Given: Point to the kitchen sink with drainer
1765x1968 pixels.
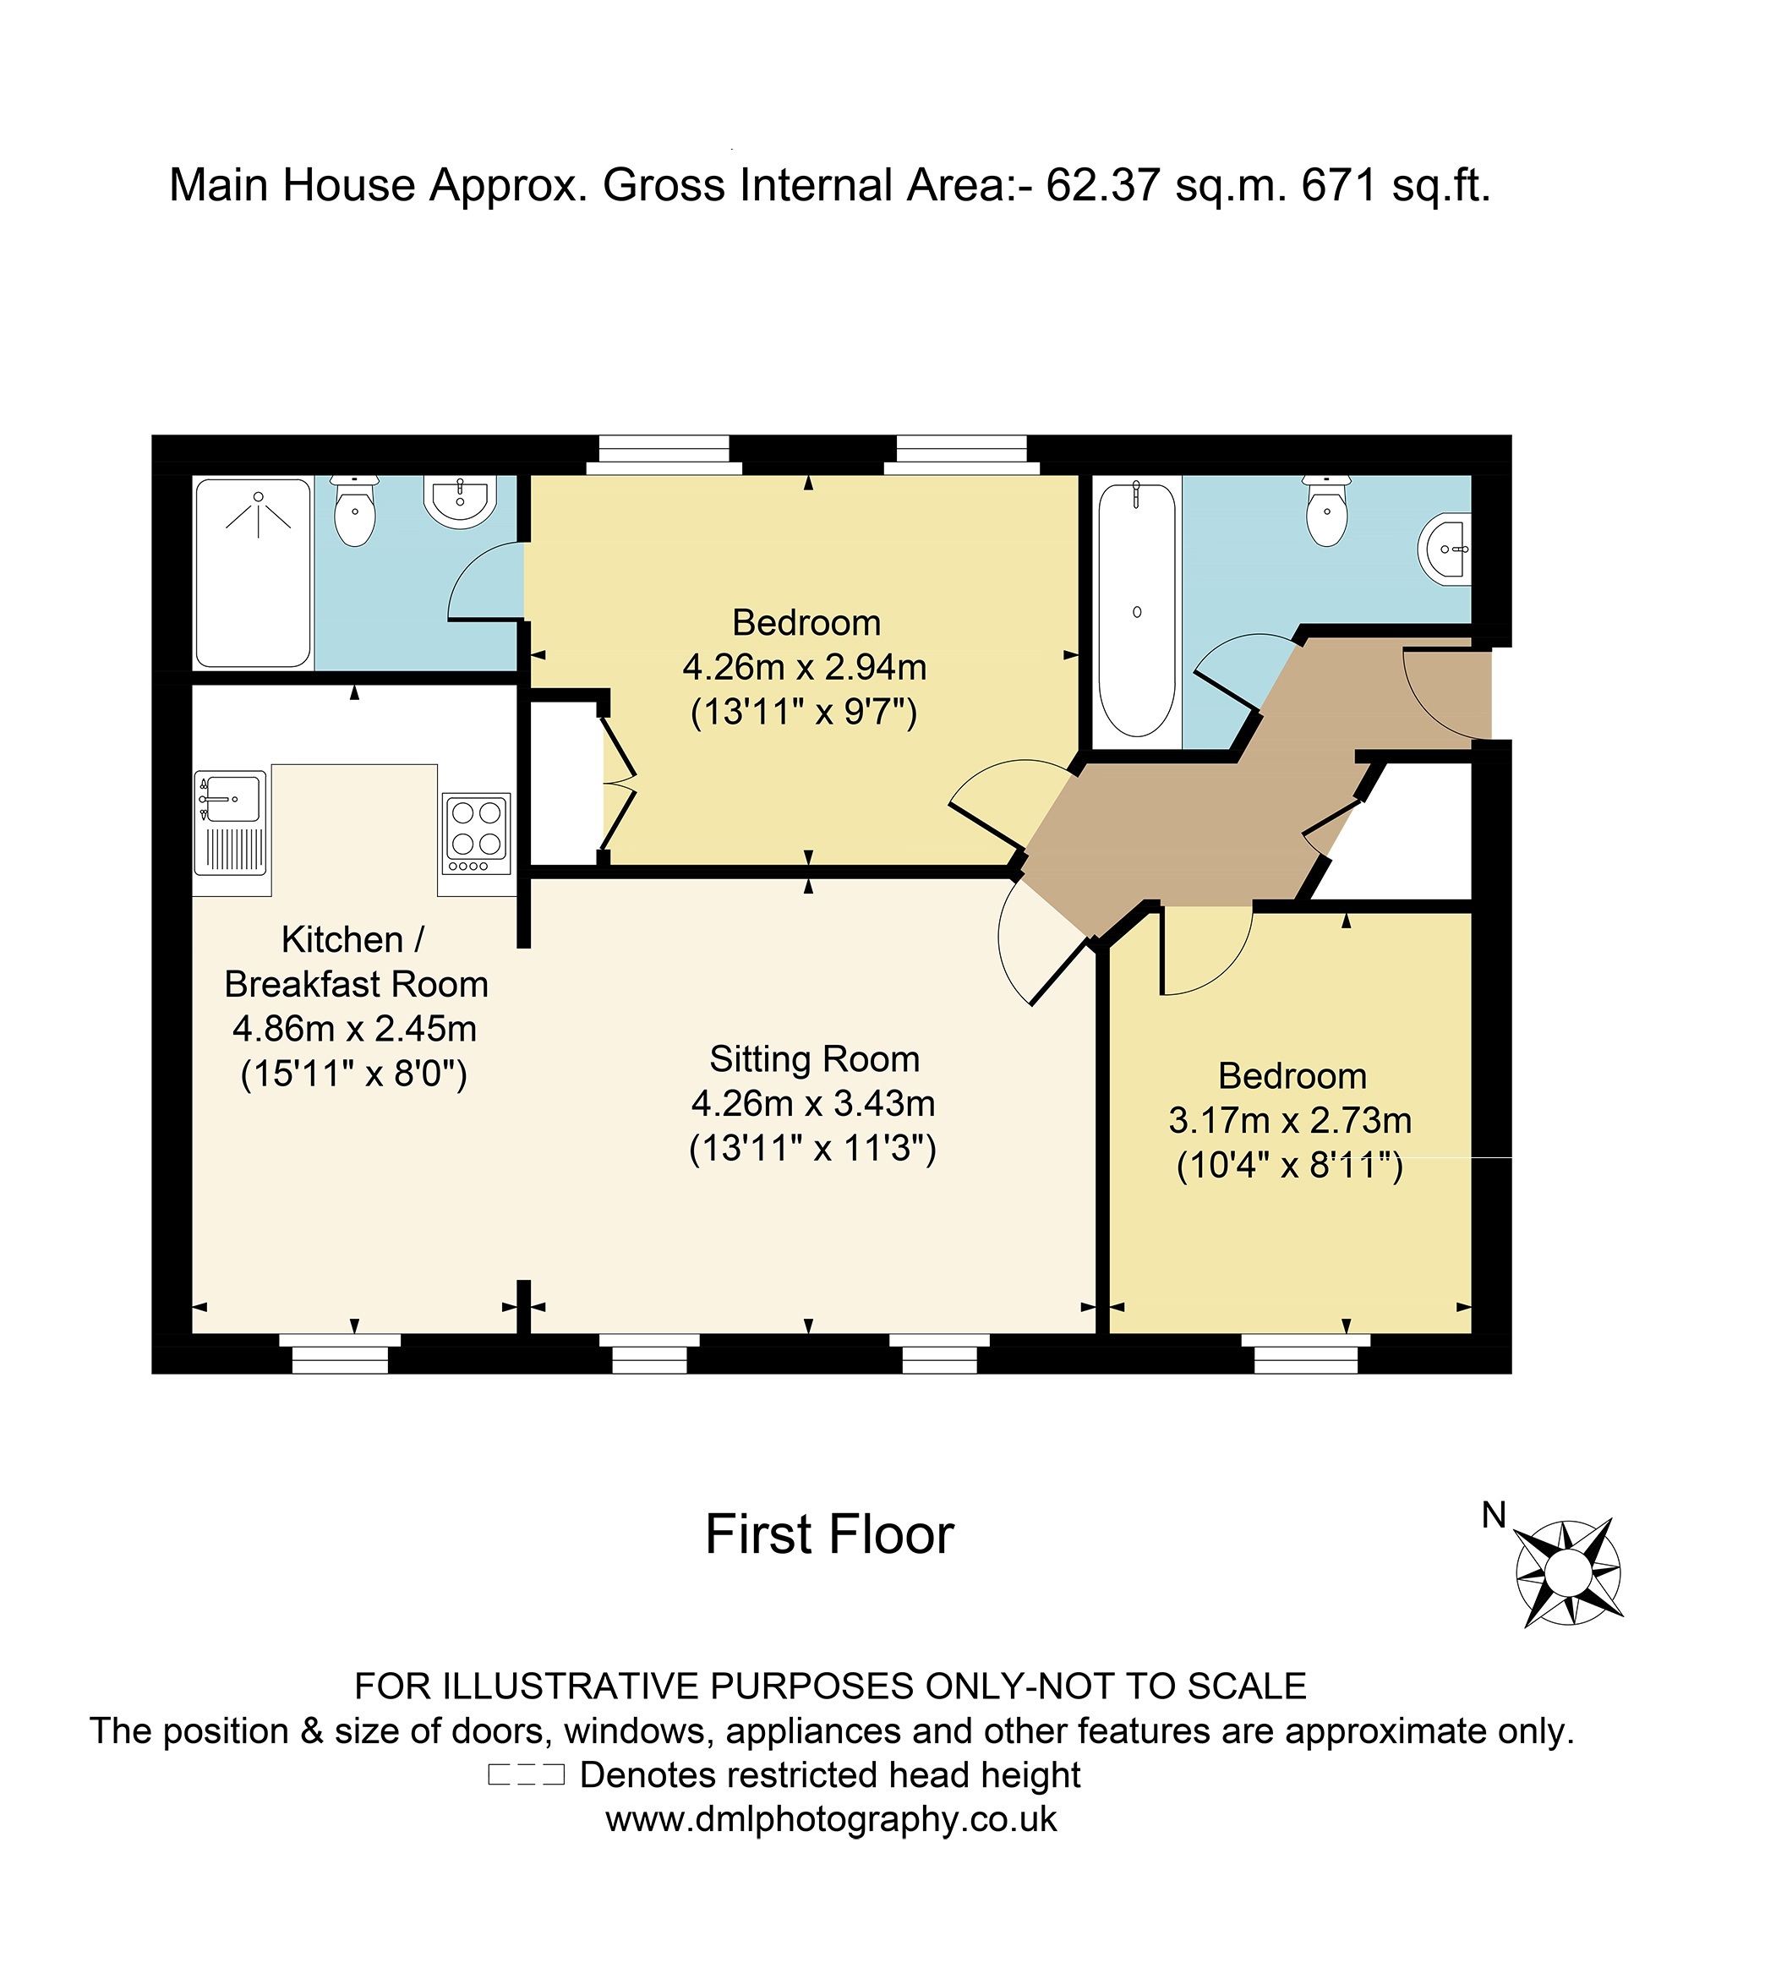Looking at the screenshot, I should coord(231,823).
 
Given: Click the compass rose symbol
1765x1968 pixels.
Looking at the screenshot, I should coord(1567,1572).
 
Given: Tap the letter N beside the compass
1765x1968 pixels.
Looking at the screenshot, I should coord(1494,1515).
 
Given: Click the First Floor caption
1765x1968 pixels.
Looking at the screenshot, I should coord(829,1534).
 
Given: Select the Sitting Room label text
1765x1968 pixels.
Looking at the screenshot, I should coord(815,1058).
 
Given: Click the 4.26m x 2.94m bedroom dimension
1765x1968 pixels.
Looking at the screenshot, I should coord(804,667).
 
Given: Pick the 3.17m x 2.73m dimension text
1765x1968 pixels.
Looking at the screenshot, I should coord(1290,1120).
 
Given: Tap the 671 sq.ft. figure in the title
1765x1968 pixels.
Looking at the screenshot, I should coord(1395,184).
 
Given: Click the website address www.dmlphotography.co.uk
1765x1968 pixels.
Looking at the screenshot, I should coord(831,1818).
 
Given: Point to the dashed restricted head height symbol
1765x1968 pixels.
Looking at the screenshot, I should coord(526,1775).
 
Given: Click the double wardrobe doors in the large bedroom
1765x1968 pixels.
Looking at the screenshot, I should coord(618,784).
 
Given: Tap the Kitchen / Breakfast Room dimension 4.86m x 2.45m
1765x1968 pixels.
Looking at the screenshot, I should coord(354,1028).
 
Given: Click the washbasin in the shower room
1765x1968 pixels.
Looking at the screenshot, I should coord(461,500).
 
